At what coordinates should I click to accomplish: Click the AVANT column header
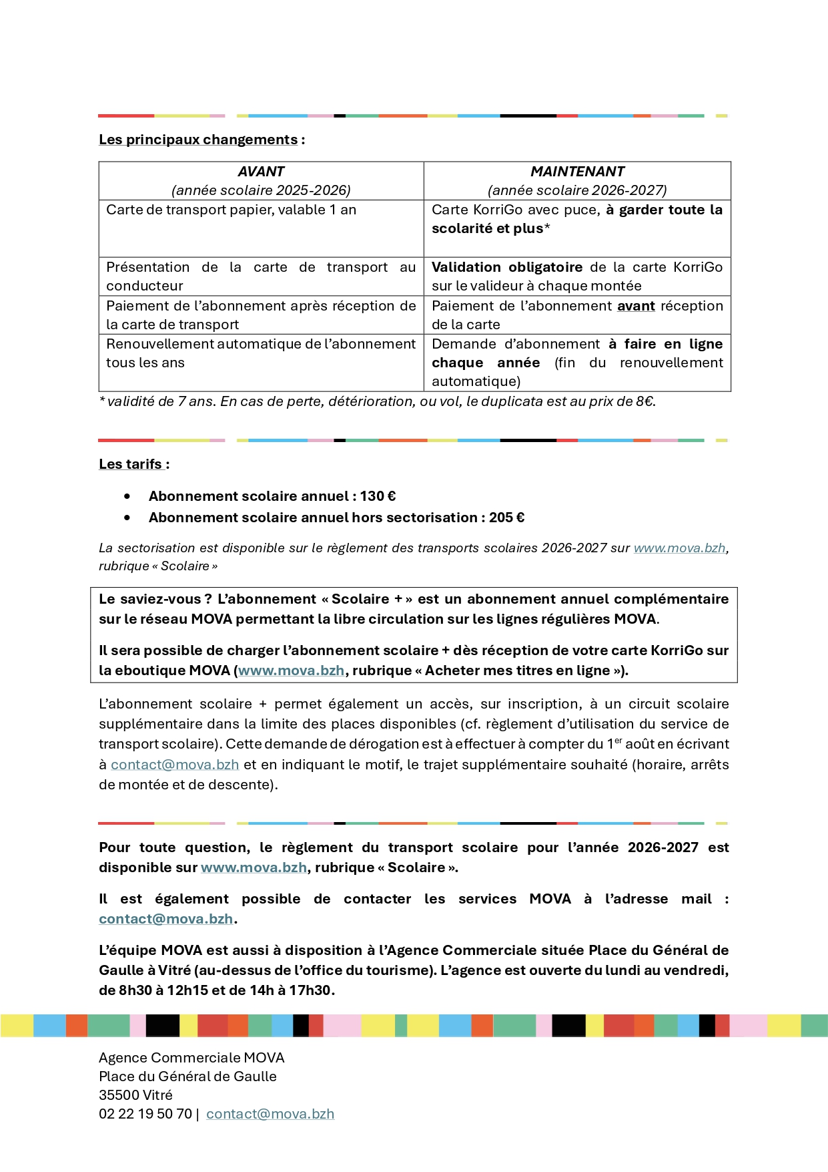pos(261,172)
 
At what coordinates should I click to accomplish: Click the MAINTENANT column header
pos(577,172)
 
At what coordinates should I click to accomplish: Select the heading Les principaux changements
pos(198,140)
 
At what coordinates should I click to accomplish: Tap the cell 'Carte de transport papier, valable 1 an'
pos(231,210)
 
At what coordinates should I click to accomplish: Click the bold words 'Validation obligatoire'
pos(507,267)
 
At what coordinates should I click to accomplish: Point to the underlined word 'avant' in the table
pos(636,306)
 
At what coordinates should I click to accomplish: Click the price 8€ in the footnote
pos(645,401)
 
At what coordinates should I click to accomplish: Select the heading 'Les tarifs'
pos(131,464)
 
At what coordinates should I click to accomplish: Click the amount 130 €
pos(378,496)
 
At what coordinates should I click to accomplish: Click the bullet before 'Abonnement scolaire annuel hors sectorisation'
pos(127,518)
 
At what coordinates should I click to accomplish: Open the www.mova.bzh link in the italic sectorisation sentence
pos(679,548)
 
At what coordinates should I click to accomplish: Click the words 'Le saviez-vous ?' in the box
pos(155,599)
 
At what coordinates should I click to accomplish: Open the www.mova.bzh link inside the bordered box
pos(291,670)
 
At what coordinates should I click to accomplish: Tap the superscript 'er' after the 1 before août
pos(618,741)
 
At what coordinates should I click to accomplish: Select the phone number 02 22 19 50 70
pos(145,1114)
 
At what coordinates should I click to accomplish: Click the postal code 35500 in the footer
pos(117,1095)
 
